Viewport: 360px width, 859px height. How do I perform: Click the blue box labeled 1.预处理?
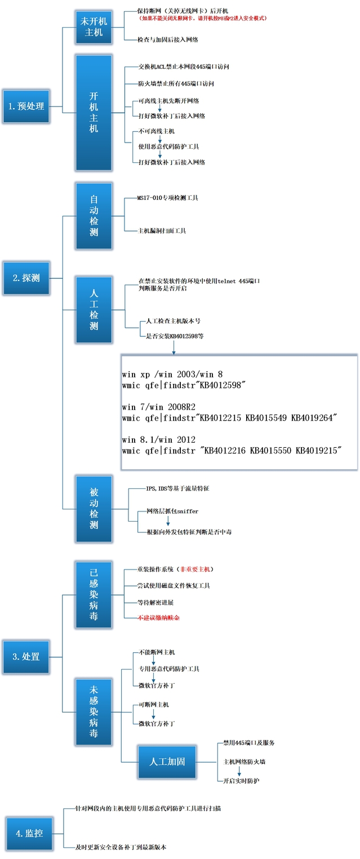pyautogui.click(x=26, y=105)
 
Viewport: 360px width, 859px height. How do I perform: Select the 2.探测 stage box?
pyautogui.click(x=26, y=278)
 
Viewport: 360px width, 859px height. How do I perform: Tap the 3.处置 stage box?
pyautogui.click(x=26, y=656)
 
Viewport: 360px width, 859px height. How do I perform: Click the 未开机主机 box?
pyautogui.click(x=94, y=27)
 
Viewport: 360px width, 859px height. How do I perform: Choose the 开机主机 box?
pyautogui.click(x=94, y=112)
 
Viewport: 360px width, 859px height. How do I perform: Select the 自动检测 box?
pyautogui.click(x=94, y=215)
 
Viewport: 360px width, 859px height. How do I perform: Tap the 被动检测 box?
pyautogui.click(x=94, y=509)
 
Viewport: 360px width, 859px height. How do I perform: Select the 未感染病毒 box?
pyautogui.click(x=94, y=711)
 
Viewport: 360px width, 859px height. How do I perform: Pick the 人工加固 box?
pyautogui.click(x=167, y=762)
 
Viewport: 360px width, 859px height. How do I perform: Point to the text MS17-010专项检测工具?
pyautogui.click(x=167, y=198)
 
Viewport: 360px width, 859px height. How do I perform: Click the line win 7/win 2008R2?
pyautogui.click(x=158, y=407)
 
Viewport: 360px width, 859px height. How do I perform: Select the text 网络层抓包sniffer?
pyautogui.click(x=172, y=511)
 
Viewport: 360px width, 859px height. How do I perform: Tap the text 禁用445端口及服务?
pyautogui.click(x=249, y=743)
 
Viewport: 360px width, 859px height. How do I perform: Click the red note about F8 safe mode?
pyautogui.click(x=203, y=18)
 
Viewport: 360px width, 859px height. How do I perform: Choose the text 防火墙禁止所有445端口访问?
pyautogui.click(x=176, y=83)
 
